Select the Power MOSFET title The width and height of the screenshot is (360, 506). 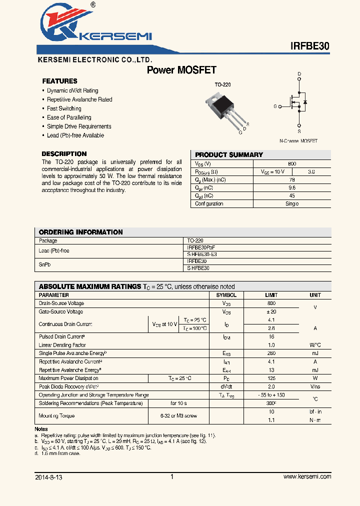click(x=181, y=70)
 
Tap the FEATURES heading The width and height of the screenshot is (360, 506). click(x=59, y=81)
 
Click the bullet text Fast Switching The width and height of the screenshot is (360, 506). click(x=64, y=108)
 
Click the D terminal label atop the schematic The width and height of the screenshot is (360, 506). click(x=299, y=74)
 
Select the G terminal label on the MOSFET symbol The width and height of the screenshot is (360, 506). click(x=275, y=106)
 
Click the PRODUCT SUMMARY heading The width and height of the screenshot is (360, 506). click(x=228, y=155)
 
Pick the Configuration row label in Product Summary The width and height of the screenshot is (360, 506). click(x=209, y=203)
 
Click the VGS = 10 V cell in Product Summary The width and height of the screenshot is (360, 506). click(x=273, y=171)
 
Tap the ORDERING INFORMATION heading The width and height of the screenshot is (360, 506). click(x=80, y=232)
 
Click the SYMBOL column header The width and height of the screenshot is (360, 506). click(x=226, y=295)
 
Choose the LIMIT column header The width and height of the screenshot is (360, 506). click(x=271, y=295)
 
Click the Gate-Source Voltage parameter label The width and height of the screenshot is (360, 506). click(x=61, y=311)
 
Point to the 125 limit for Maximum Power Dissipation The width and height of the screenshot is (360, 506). click(x=271, y=378)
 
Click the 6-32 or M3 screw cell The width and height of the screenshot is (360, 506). click(x=178, y=415)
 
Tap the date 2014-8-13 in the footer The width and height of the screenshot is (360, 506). click(x=49, y=477)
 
